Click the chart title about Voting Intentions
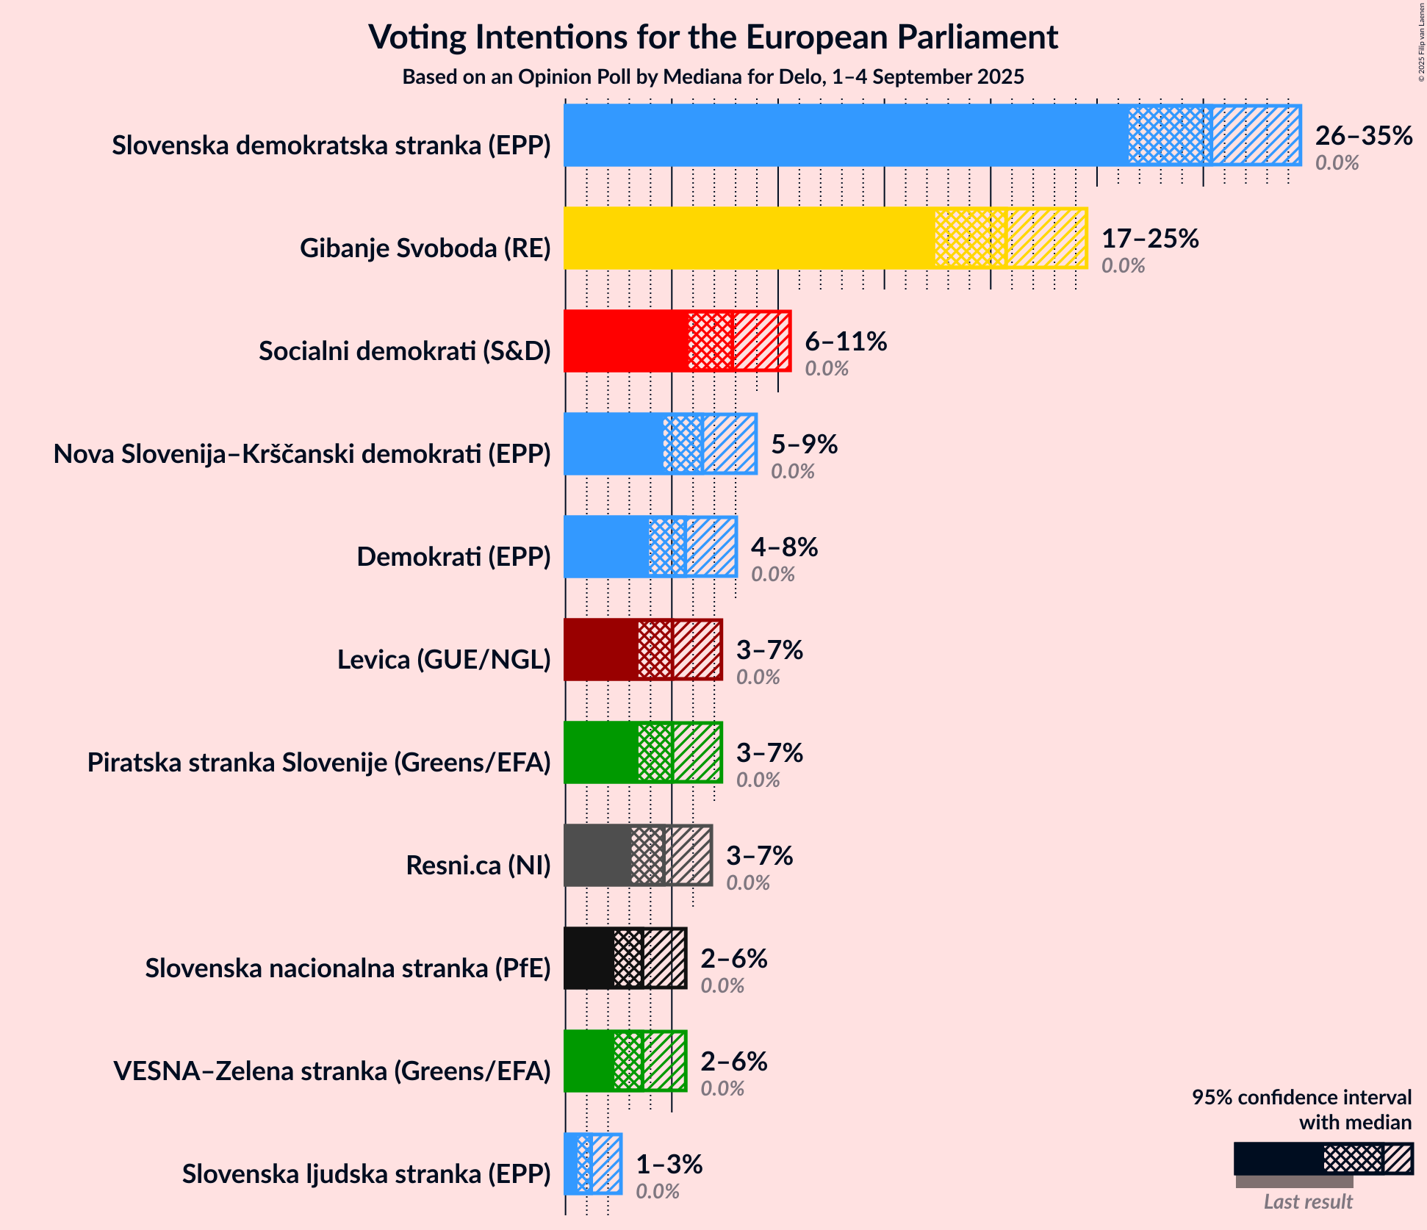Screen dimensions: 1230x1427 713,37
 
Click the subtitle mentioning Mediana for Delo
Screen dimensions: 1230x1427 713,77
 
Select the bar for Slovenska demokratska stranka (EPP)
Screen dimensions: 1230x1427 845,135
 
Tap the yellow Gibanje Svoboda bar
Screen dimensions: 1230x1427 750,238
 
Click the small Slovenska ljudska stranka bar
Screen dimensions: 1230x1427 592,1164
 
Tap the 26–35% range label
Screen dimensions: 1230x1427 1363,136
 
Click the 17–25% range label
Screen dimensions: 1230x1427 1150,239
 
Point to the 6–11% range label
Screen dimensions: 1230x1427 846,342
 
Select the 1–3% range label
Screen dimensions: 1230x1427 669,1165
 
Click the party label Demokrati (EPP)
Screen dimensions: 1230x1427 453,557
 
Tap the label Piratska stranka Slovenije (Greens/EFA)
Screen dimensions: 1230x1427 319,763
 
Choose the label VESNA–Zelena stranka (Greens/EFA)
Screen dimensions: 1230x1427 332,1071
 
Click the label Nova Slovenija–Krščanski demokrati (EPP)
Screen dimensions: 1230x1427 302,454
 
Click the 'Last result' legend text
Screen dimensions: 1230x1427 1308,1201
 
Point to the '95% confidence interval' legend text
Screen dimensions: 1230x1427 1301,1098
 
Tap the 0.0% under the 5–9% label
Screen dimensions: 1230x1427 792,472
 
